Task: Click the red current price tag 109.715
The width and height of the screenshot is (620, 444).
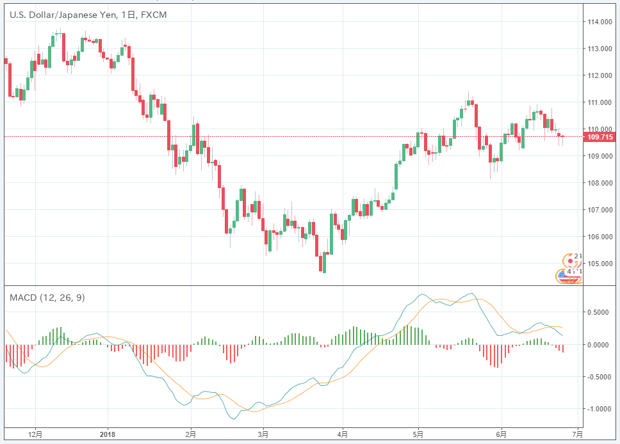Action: pyautogui.click(x=600, y=136)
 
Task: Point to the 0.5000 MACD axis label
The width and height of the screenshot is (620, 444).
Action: pyautogui.click(x=600, y=312)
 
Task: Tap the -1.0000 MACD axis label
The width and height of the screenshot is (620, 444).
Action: pyautogui.click(x=600, y=409)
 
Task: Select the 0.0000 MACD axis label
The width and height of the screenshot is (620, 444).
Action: pyautogui.click(x=600, y=345)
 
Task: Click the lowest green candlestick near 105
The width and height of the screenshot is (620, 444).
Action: pyautogui.click(x=324, y=262)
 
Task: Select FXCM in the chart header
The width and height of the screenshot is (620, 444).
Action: pyautogui.click(x=153, y=15)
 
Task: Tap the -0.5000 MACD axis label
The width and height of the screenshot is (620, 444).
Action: pyautogui.click(x=600, y=377)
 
